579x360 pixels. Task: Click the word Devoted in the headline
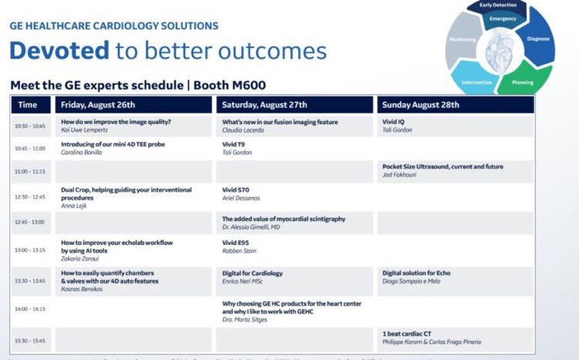[x=58, y=50]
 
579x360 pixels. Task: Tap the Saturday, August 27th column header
[x=264, y=105]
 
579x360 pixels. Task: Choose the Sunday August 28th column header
[x=421, y=105]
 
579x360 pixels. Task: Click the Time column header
[x=28, y=105]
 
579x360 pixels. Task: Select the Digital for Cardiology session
[x=252, y=273]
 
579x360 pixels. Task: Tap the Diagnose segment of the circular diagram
[x=537, y=38]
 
